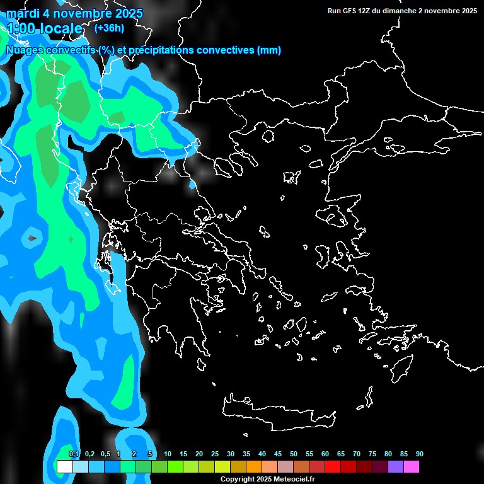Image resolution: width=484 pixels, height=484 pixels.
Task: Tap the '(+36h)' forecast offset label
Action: coord(109,28)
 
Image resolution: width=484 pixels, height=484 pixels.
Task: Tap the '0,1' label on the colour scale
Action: coord(74,454)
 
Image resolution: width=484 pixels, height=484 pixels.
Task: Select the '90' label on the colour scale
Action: coord(419,454)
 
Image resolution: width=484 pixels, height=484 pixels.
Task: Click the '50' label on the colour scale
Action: coord(294,454)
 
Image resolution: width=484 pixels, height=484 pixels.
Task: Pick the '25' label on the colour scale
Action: coord(215,454)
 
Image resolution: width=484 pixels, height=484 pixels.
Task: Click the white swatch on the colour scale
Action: coord(64,467)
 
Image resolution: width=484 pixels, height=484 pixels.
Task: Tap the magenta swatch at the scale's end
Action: coord(411,467)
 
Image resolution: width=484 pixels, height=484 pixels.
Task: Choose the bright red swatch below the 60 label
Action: coord(332,467)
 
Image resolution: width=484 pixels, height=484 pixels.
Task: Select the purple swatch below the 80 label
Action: coord(395,467)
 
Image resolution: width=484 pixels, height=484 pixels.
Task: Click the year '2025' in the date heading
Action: coord(124,13)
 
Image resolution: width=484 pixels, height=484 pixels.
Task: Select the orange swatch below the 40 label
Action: coord(253,467)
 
